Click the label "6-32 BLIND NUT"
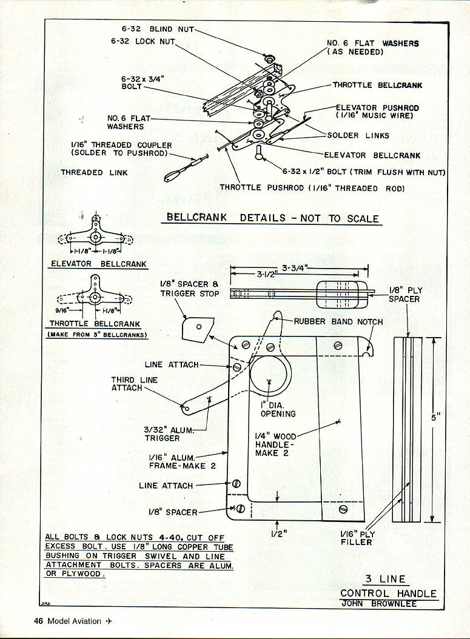click(x=154, y=28)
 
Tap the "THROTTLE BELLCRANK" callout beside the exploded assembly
click(x=377, y=85)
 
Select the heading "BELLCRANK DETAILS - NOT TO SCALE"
click(x=273, y=218)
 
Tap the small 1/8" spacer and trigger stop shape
click(x=196, y=327)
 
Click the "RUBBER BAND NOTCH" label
click(x=338, y=321)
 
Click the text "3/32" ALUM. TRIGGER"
click(x=162, y=433)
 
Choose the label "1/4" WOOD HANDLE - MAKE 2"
click(x=275, y=444)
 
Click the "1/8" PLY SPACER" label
click(x=405, y=295)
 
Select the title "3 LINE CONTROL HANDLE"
click(x=388, y=586)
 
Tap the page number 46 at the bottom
click(x=38, y=621)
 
